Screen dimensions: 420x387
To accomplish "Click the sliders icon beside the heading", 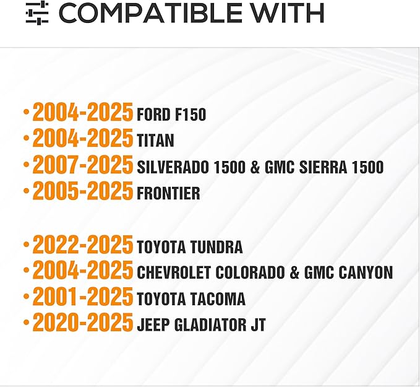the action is click(37, 13).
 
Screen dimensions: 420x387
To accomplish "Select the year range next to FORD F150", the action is click(83, 112).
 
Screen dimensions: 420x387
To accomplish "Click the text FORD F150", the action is click(171, 115).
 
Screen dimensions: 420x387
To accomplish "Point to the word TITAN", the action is click(156, 141).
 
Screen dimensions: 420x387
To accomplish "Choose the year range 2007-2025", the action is click(83, 165).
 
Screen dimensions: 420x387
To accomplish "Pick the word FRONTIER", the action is click(168, 193).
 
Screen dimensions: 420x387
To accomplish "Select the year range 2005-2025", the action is click(83, 191).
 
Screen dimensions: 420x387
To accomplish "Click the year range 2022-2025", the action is click(83, 245).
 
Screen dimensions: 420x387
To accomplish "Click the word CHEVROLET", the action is click(174, 272).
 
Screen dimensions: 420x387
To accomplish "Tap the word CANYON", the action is click(366, 272).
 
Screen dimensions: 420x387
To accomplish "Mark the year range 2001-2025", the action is click(83, 297).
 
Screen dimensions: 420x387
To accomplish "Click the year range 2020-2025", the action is click(83, 322).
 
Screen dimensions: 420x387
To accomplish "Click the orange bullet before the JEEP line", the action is click(26, 322).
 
